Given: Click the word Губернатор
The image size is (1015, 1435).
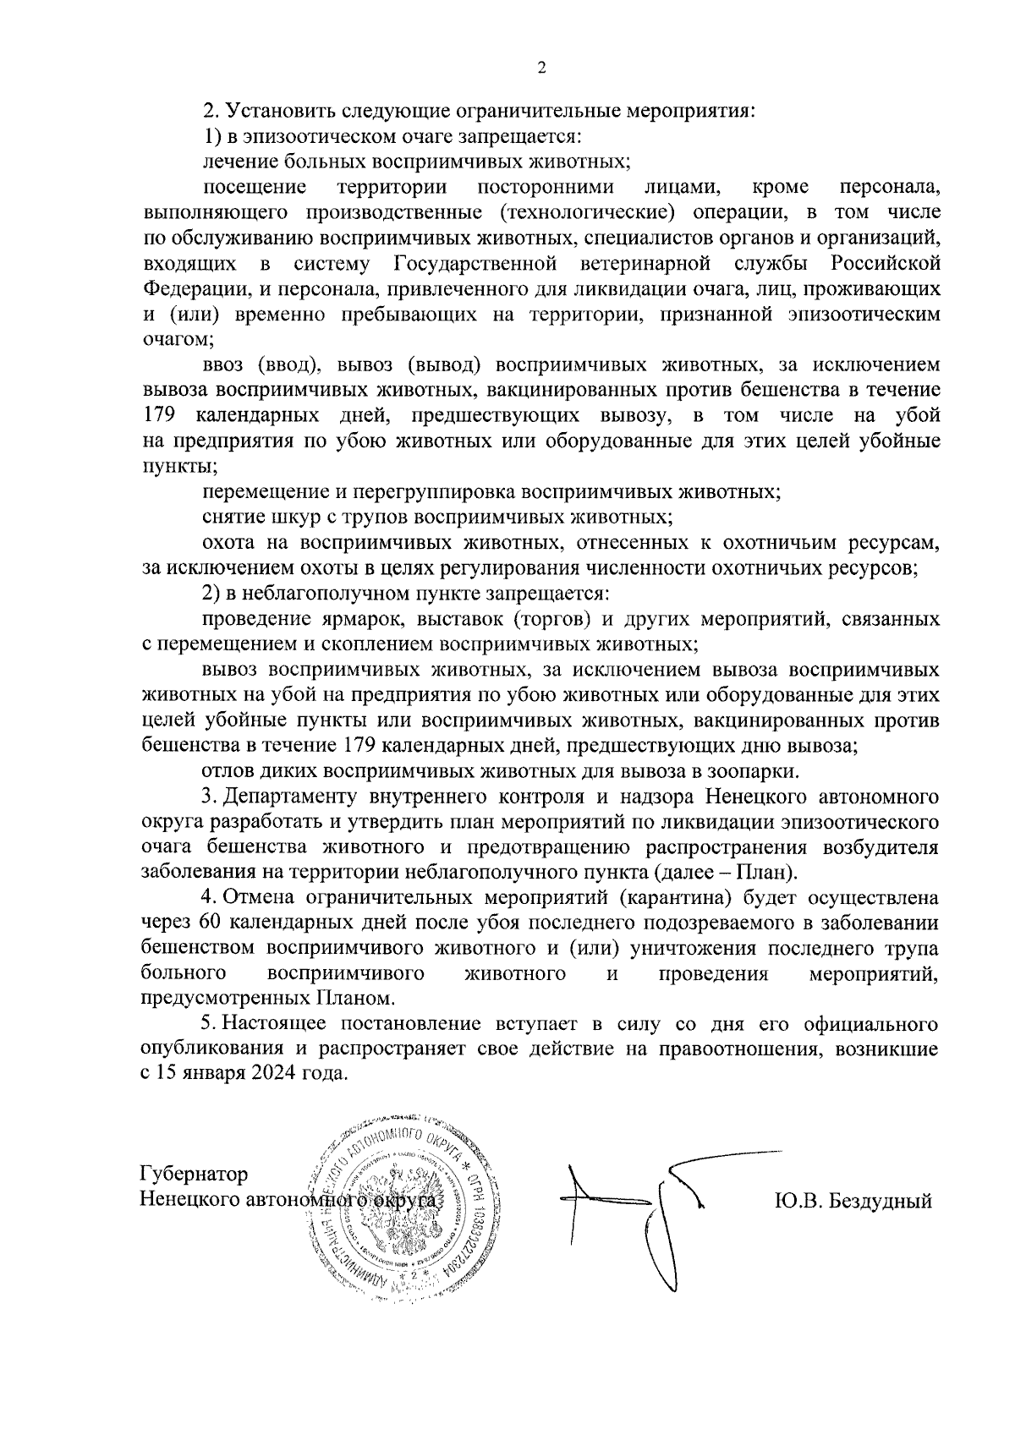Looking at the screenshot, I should tap(195, 1175).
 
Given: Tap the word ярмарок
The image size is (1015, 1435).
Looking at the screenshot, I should tap(367, 619).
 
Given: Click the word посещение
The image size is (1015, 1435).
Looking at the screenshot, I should tap(255, 187).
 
